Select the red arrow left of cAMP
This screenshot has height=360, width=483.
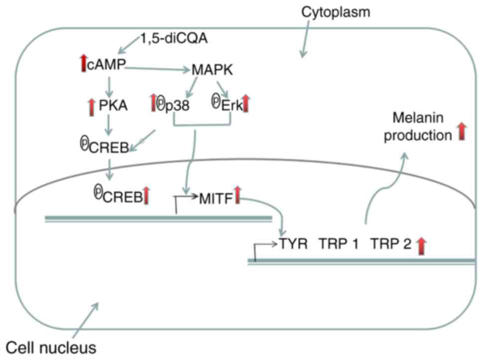[x=83, y=63]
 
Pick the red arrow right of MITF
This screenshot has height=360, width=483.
[x=238, y=194]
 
